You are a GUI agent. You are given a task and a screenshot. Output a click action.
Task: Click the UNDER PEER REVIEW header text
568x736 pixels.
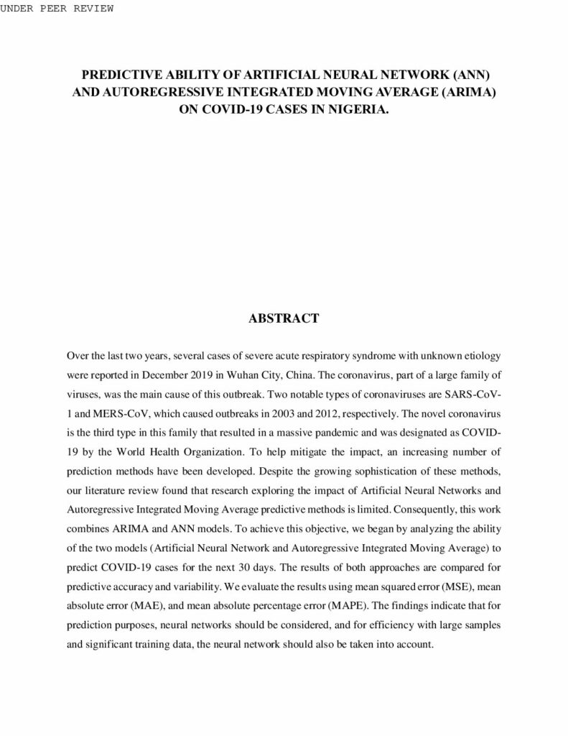(57, 8)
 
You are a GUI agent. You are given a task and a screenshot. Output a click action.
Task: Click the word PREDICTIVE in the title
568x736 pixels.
(122, 75)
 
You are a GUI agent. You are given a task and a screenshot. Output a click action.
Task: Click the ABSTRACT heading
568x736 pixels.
(284, 318)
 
